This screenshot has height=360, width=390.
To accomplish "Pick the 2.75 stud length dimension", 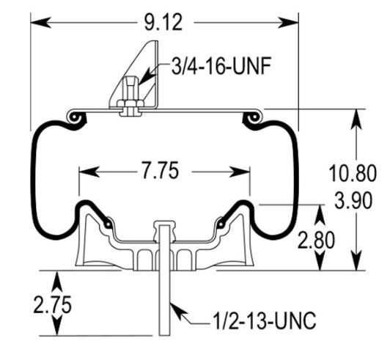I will tap(53, 304).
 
